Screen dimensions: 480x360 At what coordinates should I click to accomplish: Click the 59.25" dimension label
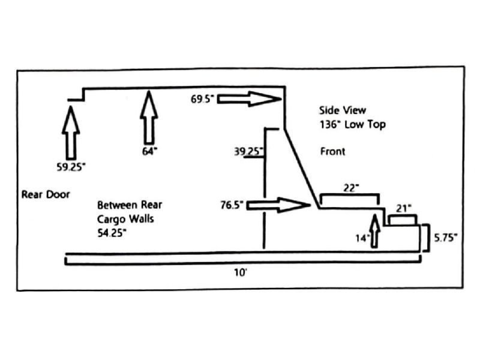click(x=71, y=167)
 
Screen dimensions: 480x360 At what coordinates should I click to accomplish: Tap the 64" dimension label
click(x=149, y=151)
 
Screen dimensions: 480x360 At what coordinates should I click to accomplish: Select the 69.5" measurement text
click(x=202, y=99)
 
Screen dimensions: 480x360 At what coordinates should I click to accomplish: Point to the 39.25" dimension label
click(x=248, y=151)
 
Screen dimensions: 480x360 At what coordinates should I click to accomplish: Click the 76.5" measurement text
click(x=232, y=205)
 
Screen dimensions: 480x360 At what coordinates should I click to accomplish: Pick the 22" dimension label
click(x=351, y=187)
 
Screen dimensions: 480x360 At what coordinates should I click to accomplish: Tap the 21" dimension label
click(x=403, y=208)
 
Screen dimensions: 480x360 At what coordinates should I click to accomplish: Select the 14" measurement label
click(x=363, y=238)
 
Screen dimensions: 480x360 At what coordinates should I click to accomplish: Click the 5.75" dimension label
click(x=446, y=238)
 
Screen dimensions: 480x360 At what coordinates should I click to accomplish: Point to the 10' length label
click(x=241, y=272)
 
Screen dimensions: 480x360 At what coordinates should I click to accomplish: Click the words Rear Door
click(x=46, y=194)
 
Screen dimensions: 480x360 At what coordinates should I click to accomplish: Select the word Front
click(x=332, y=151)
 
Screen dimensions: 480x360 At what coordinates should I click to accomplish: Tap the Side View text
click(x=343, y=110)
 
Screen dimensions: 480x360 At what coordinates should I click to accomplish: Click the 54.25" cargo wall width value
click(x=112, y=233)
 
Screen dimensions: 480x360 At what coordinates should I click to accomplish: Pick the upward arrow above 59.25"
click(x=71, y=133)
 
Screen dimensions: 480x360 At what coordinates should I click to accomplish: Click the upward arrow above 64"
click(x=149, y=117)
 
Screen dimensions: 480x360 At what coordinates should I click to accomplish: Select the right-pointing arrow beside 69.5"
click(x=249, y=99)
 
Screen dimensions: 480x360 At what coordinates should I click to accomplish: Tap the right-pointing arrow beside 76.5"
click(x=278, y=205)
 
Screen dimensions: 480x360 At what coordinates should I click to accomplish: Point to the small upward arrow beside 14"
click(x=374, y=231)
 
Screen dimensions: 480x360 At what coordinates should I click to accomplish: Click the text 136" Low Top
click(x=353, y=125)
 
